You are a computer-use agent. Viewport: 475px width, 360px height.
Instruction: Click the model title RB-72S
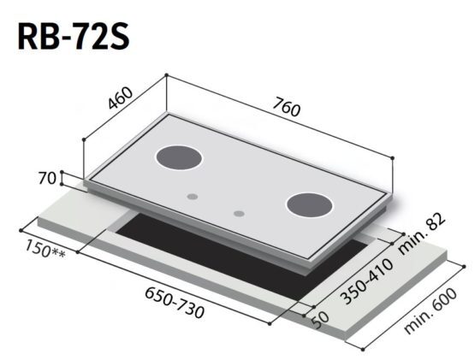click(74, 37)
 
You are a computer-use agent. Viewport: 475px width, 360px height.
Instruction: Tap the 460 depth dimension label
click(121, 97)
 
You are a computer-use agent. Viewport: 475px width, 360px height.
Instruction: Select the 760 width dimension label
click(286, 107)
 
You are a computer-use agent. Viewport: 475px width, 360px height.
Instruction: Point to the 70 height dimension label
click(47, 178)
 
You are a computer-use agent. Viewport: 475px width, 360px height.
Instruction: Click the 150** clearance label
click(45, 249)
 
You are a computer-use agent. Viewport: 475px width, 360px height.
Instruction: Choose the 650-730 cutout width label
click(175, 303)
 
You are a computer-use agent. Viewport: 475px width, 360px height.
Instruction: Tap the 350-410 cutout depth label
click(367, 281)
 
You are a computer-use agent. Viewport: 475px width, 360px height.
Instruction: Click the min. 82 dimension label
click(422, 233)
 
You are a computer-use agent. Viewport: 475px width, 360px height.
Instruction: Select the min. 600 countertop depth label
click(430, 311)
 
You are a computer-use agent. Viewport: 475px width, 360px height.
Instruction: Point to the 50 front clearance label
click(320, 321)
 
